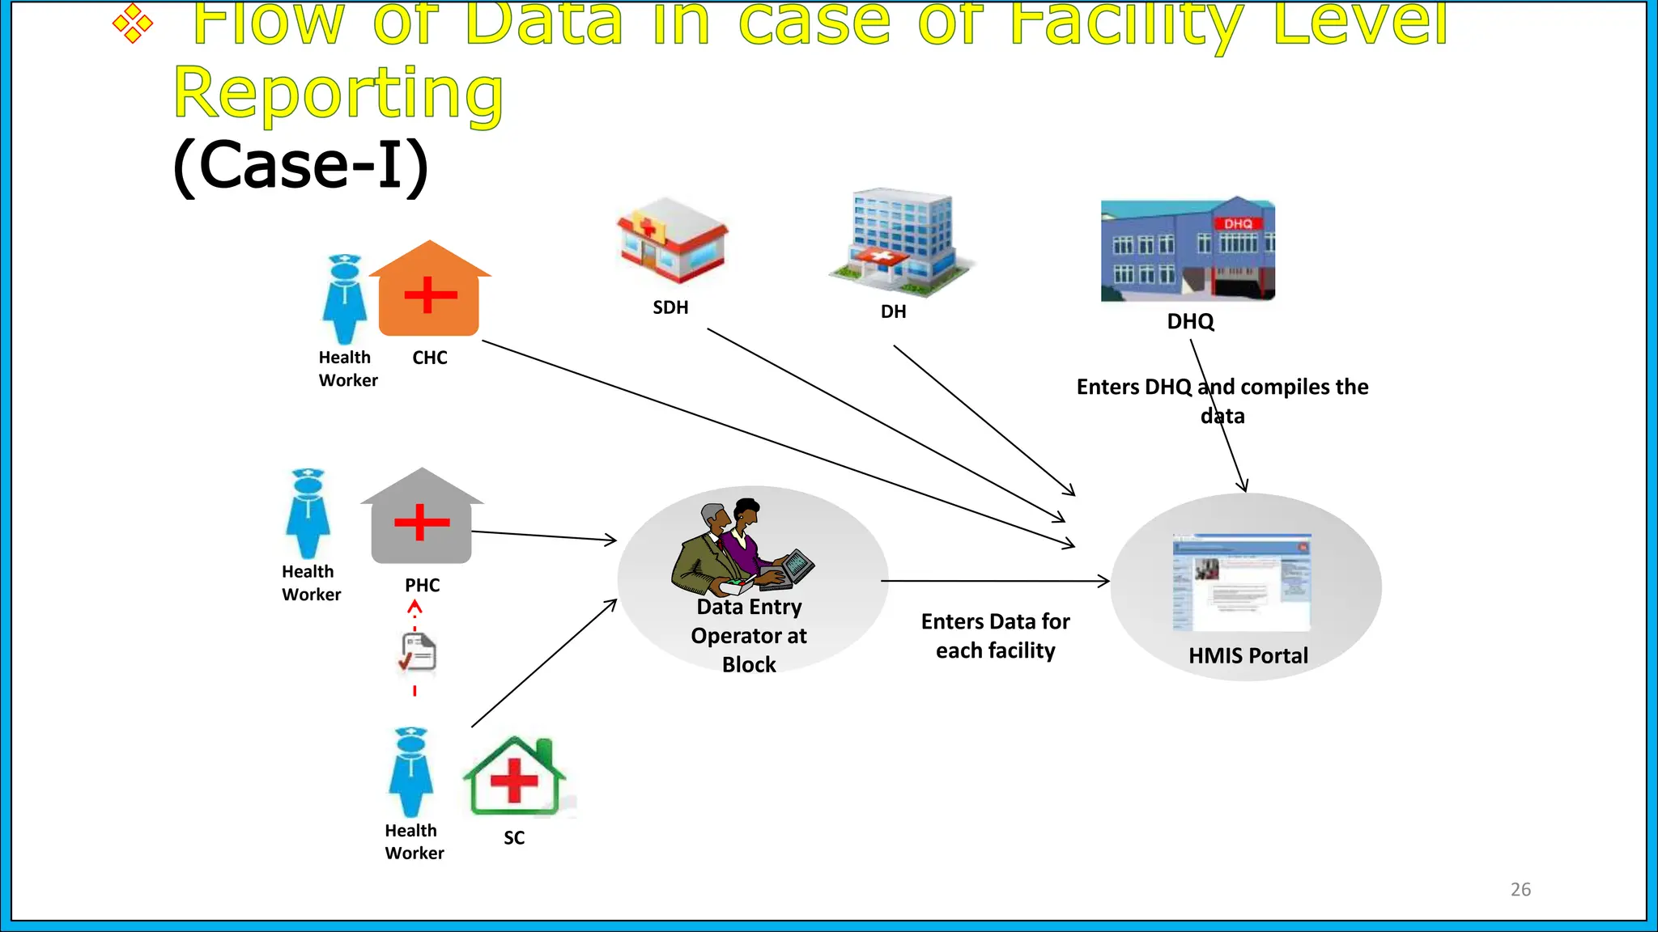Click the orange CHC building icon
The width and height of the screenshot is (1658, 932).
point(429,291)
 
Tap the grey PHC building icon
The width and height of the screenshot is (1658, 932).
point(421,518)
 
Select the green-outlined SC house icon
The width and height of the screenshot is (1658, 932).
point(514,777)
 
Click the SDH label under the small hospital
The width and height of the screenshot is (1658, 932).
point(670,307)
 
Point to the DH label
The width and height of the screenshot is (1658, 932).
point(893,311)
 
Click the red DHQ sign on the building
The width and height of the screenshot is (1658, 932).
point(1237,223)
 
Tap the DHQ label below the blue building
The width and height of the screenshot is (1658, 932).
point(1190,321)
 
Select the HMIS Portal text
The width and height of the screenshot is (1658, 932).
point(1248,655)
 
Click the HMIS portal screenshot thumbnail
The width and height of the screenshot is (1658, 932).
point(1241,582)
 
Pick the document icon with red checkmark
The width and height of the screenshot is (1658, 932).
point(419,653)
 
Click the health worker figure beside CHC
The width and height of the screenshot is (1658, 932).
point(345,299)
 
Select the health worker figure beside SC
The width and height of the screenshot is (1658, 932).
point(410,773)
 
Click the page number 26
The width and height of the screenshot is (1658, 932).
point(1520,889)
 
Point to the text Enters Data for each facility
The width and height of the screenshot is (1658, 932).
point(995,636)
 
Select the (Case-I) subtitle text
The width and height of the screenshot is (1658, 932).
point(300,165)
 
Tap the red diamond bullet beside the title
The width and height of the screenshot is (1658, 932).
point(133,23)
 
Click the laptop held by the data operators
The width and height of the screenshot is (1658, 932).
point(797,566)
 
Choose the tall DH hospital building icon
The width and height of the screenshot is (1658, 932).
point(900,240)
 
